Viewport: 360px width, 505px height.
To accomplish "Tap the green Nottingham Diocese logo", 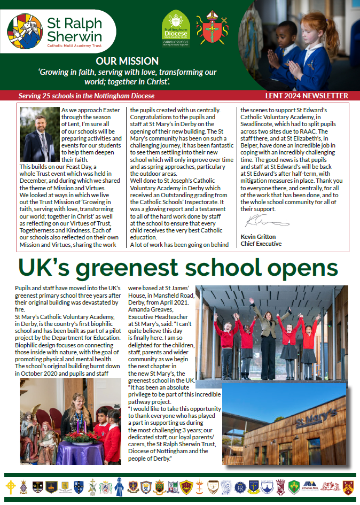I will tap(176, 26).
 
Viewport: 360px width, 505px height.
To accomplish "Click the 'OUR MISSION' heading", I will tap(127, 61).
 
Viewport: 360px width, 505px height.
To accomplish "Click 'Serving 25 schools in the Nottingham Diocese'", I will tap(86, 96).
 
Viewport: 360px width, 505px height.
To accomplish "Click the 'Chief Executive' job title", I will tap(261, 244).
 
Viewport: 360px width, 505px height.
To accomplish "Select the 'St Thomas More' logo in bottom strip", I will tap(311, 487).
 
